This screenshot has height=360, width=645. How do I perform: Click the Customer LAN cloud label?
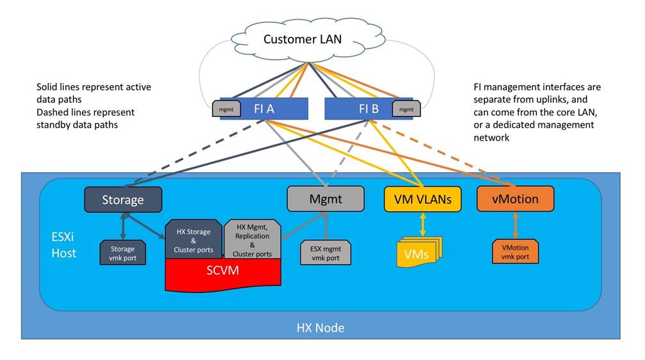[303, 39]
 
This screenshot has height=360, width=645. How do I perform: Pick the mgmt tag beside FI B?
[406, 109]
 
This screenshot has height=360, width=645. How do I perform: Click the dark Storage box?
[123, 199]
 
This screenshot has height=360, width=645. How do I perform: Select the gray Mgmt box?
[325, 199]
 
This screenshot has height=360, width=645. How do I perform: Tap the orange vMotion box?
[514, 199]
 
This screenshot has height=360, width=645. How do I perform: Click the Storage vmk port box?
[123, 253]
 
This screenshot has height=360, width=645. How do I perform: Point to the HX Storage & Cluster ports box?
[193, 240]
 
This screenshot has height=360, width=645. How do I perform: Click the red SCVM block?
[223, 271]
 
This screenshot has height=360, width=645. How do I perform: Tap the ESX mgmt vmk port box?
[326, 253]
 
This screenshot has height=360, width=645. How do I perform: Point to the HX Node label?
[321, 328]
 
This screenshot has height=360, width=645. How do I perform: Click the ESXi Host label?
[65, 245]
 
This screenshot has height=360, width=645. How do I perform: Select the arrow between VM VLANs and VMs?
[422, 223]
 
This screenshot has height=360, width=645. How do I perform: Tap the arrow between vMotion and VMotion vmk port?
[514, 225]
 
